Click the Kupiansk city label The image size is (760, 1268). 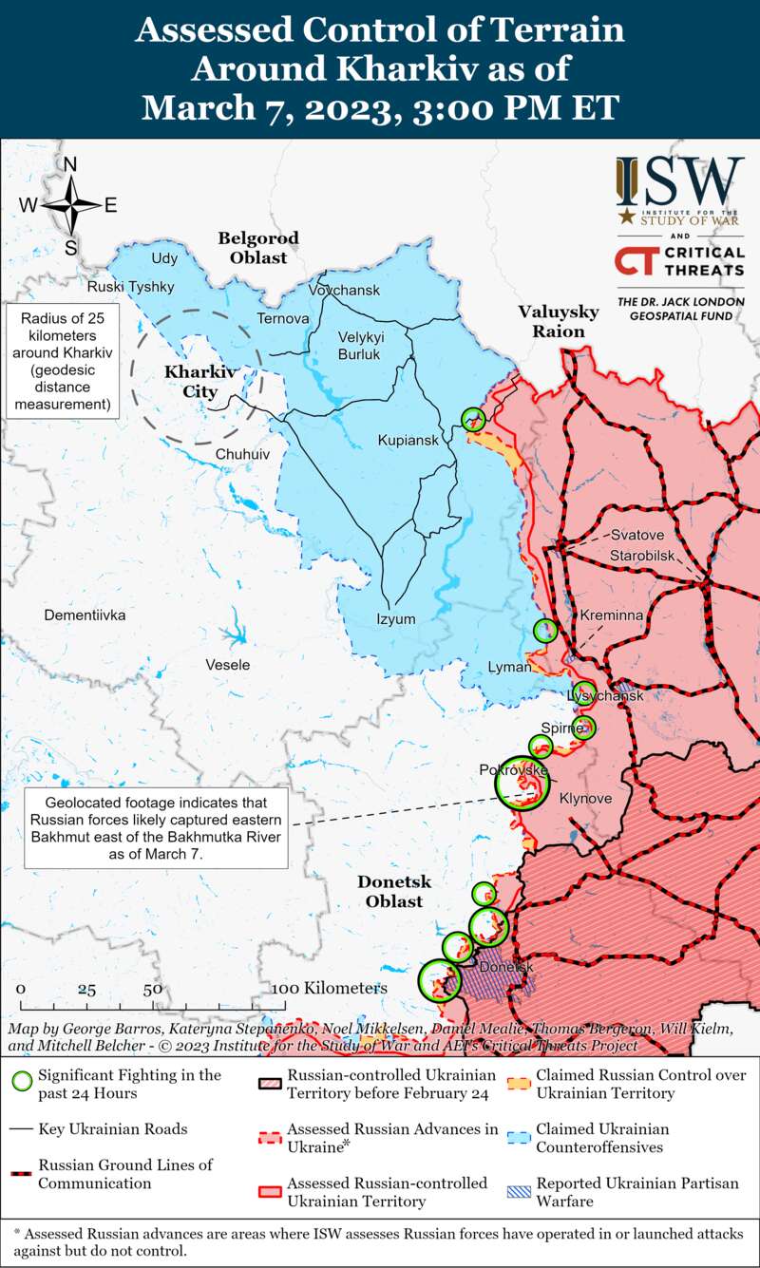coord(408,441)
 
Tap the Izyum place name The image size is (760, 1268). coord(396,619)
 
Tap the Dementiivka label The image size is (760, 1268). coord(85,615)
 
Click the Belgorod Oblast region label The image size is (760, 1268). coord(257,247)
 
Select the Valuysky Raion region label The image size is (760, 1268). coord(558,321)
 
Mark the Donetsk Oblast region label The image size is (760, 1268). coord(393,891)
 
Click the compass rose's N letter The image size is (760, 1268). coord(69,164)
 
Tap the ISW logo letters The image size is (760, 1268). coord(679,180)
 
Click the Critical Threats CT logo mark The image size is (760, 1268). coord(636,261)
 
